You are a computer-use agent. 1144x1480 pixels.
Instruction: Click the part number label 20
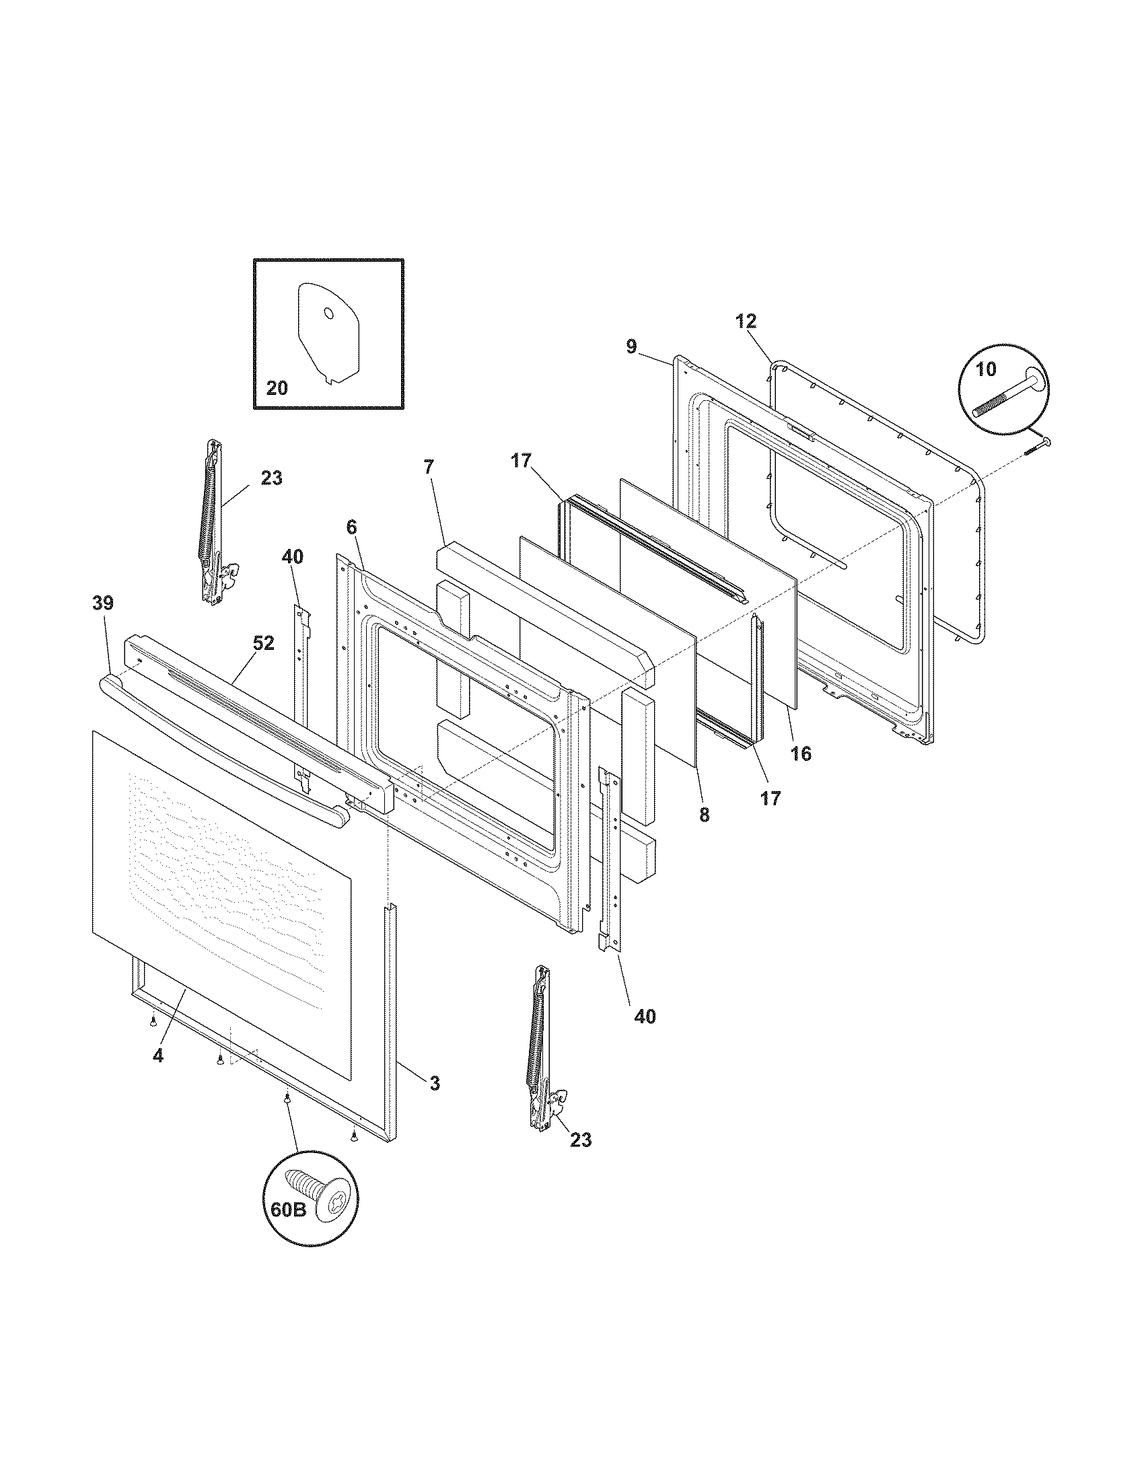tap(277, 388)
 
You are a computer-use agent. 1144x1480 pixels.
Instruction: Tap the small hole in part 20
tap(328, 313)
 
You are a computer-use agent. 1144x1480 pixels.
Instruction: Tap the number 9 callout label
tap(631, 347)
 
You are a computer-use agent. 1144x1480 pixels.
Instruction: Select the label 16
tap(801, 753)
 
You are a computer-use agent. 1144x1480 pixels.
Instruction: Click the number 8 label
tap(705, 815)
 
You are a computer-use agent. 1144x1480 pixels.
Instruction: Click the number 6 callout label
tap(351, 527)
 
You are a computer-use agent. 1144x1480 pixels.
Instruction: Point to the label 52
tap(264, 643)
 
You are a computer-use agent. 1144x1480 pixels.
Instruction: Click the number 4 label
tap(157, 1055)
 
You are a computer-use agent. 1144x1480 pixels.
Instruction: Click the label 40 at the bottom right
tap(645, 1016)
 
